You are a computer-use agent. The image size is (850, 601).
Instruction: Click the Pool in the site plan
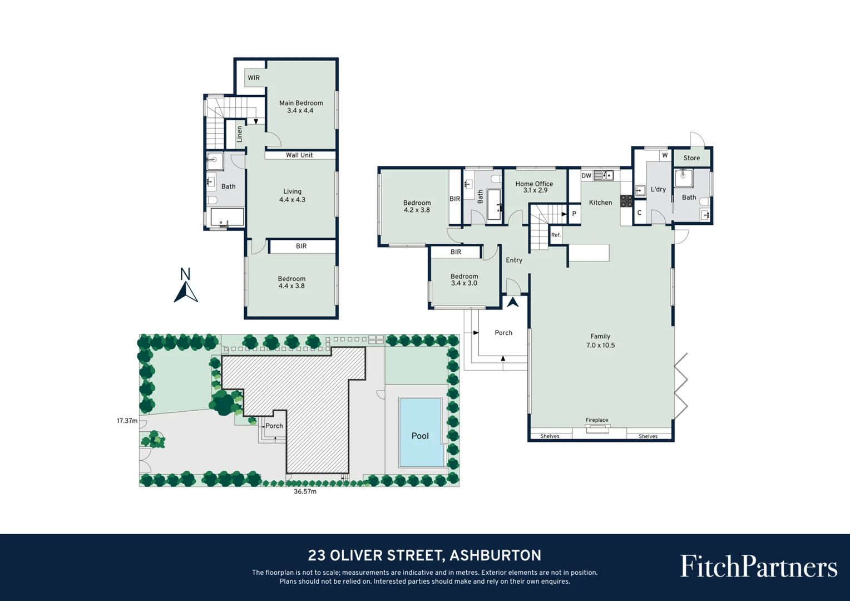pyautogui.click(x=421, y=432)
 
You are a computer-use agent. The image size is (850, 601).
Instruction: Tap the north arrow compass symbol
pyautogui.click(x=186, y=285)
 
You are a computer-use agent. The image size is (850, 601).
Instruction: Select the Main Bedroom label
pyautogui.click(x=301, y=103)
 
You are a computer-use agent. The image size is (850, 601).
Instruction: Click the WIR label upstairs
pyautogui.click(x=254, y=78)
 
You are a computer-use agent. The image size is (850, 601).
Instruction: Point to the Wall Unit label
pyautogui.click(x=299, y=155)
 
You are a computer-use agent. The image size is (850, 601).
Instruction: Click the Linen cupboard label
pyautogui.click(x=239, y=134)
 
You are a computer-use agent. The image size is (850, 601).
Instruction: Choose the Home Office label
pyautogui.click(x=534, y=184)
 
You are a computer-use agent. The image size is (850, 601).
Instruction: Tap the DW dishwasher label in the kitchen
pyautogui.click(x=586, y=176)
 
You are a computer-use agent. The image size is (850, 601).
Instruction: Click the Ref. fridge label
pyautogui.click(x=556, y=235)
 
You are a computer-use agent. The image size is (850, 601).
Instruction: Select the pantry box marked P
pyautogui.click(x=574, y=214)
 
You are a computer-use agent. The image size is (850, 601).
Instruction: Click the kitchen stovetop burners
pyautogui.click(x=626, y=201)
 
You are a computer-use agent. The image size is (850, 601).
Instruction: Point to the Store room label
pyautogui.click(x=691, y=158)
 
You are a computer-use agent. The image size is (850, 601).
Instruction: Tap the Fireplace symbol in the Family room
pyautogui.click(x=597, y=429)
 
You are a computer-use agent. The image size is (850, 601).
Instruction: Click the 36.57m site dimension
pyautogui.click(x=305, y=491)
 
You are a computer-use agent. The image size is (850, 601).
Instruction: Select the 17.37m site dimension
pyautogui.click(x=127, y=421)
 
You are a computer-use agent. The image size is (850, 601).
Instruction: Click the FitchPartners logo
pyautogui.click(x=759, y=567)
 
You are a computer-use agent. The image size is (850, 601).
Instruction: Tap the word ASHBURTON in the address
pyautogui.click(x=496, y=555)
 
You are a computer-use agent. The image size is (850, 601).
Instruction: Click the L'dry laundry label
pyautogui.click(x=658, y=189)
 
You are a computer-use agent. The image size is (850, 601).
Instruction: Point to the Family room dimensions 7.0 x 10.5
pyautogui.click(x=600, y=345)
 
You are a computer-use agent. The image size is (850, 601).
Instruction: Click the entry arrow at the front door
pyautogui.click(x=513, y=302)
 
